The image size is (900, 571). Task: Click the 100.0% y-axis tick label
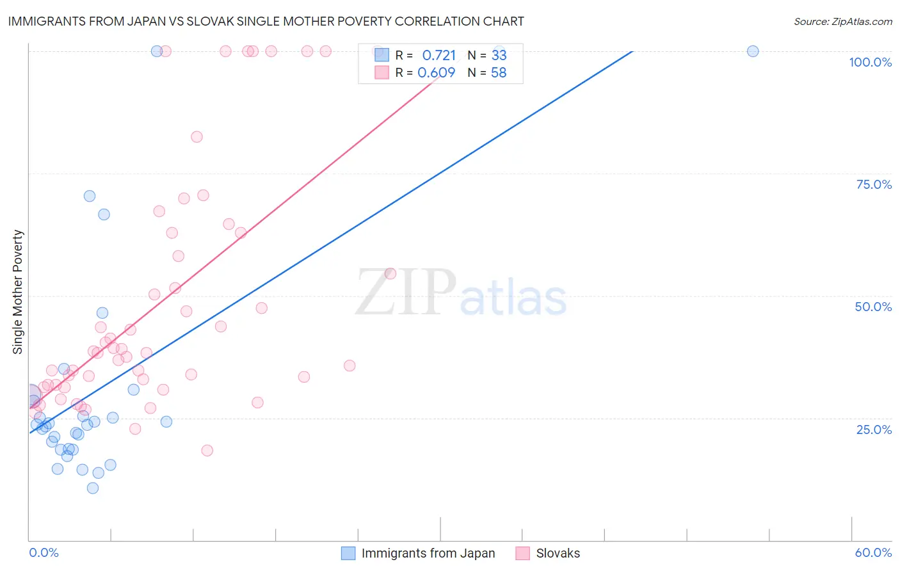tap(870, 62)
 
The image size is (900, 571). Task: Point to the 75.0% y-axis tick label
tap(874, 184)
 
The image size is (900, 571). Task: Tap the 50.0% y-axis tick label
tap(873, 307)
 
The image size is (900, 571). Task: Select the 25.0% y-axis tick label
tap(874, 429)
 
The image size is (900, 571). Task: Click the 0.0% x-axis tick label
tap(44, 552)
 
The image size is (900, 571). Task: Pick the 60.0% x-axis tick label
tap(873, 552)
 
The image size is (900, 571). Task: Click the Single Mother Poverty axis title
tap(17, 292)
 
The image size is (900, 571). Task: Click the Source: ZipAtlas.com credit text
tap(842, 21)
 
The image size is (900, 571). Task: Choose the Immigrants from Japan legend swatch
tap(348, 553)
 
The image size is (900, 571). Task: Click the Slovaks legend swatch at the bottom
tap(523, 553)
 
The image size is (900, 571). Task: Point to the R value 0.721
tap(438, 55)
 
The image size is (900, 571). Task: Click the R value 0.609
tap(436, 72)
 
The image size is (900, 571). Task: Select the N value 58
tap(499, 72)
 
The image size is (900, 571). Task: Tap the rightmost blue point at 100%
tap(753, 51)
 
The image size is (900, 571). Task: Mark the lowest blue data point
tap(93, 488)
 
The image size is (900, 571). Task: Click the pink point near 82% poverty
tap(197, 137)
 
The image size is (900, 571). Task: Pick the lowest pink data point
tap(207, 451)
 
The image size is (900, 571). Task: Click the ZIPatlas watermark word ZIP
tap(405, 293)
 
